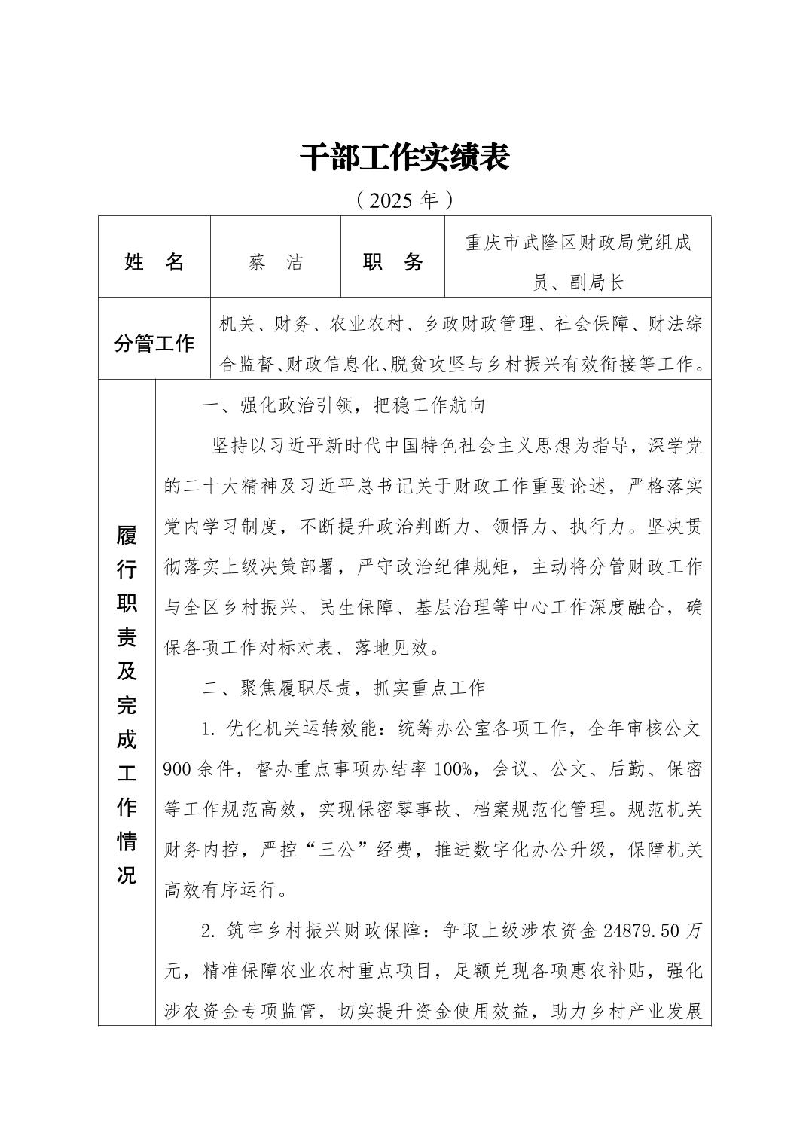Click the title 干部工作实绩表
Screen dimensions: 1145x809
click(404, 157)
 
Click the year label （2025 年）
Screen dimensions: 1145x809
click(404, 200)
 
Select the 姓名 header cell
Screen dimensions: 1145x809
click(154, 262)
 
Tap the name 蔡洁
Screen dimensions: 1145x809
click(276, 262)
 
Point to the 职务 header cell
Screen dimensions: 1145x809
click(393, 262)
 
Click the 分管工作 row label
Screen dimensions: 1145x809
click(154, 344)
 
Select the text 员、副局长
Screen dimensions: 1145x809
click(579, 282)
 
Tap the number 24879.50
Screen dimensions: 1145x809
click(643, 931)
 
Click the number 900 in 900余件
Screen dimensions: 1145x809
click(177, 769)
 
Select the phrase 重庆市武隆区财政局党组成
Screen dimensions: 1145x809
click(579, 243)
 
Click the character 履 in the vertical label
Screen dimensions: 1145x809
click(127, 536)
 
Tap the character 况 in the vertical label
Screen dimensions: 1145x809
click(127, 875)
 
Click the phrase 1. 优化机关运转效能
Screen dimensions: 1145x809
click(295, 728)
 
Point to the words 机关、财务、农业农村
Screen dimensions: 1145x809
click(306, 325)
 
